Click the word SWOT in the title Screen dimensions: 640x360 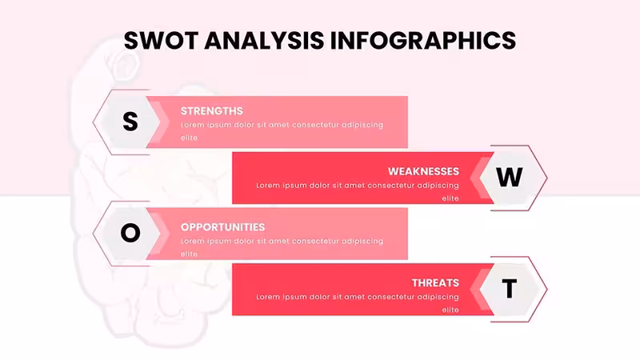[x=162, y=41]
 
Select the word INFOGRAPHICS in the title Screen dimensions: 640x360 [x=423, y=41]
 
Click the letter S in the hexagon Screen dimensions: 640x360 [x=130, y=122]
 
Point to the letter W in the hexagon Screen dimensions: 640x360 [x=509, y=177]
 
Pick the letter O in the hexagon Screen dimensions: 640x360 [x=130, y=233]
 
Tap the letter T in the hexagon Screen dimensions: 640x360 [x=509, y=289]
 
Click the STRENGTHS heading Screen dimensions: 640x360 [x=212, y=111]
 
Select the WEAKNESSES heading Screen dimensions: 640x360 [x=423, y=171]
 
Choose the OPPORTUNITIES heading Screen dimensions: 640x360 [x=223, y=227]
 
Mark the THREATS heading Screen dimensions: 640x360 [x=435, y=283]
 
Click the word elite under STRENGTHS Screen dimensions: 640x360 [x=189, y=138]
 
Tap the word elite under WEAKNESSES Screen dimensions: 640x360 [x=450, y=198]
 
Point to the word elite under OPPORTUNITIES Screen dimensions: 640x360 [x=189, y=254]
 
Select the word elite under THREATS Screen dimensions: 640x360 [x=450, y=310]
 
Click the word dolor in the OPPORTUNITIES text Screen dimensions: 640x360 [x=244, y=242]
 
